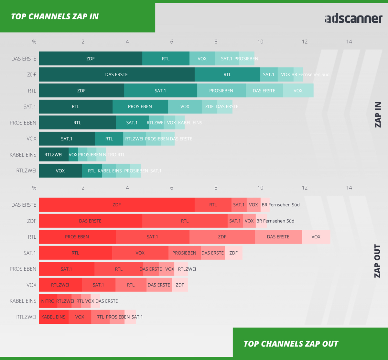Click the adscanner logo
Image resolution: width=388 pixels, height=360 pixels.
pos(353,18)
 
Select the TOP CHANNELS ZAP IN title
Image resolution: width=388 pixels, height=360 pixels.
pos(55,16)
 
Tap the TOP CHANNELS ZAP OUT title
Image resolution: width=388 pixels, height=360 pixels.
pos(291,344)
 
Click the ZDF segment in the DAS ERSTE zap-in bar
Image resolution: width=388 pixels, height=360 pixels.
pos(91,59)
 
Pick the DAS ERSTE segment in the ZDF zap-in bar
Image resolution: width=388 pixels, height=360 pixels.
pos(116,74)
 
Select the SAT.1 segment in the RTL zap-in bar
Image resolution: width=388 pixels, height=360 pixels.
pos(160,91)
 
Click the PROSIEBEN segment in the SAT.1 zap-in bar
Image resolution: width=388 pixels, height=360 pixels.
pos(140,106)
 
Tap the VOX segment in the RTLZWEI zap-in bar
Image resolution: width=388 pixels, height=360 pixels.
pos(60,170)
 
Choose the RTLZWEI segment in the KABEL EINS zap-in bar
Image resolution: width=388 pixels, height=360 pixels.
pos(54,155)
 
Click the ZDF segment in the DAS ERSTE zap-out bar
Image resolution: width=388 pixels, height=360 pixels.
pos(116,205)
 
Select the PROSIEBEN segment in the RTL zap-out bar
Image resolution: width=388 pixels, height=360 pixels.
pos(77,237)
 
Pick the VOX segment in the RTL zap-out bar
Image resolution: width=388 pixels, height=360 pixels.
pos(316,237)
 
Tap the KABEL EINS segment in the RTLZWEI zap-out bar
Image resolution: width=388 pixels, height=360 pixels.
pos(53,317)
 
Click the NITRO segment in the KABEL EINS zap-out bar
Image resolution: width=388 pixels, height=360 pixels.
pos(48,301)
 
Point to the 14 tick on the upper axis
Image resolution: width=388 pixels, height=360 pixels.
pos(349,42)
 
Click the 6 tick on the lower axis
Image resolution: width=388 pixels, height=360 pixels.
pos(172,188)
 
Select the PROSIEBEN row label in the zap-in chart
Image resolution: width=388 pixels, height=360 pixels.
pos(23,123)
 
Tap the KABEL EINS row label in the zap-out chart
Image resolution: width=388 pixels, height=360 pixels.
pos(23,301)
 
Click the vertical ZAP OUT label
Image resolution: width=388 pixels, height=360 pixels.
pos(377,261)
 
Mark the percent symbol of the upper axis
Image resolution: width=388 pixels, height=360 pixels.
pos(34,42)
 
